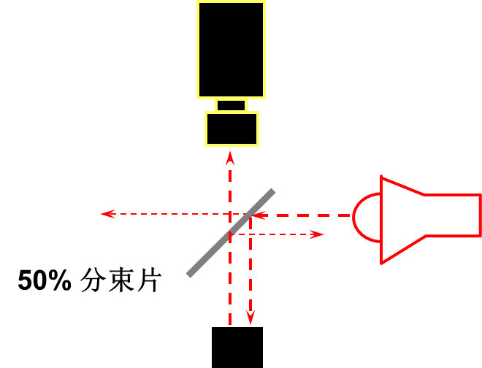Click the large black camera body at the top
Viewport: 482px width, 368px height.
point(231,49)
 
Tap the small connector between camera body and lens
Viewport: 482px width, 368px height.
point(231,105)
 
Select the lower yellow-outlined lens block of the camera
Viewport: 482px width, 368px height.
point(232,129)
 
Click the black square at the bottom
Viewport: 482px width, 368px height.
point(237,348)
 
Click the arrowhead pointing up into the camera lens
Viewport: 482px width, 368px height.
point(230,158)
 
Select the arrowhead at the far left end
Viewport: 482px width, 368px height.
point(107,214)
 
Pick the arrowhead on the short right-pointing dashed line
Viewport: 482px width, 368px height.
point(317,234)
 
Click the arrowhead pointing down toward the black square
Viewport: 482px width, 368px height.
point(250,318)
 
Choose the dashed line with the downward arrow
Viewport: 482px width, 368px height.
point(250,270)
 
